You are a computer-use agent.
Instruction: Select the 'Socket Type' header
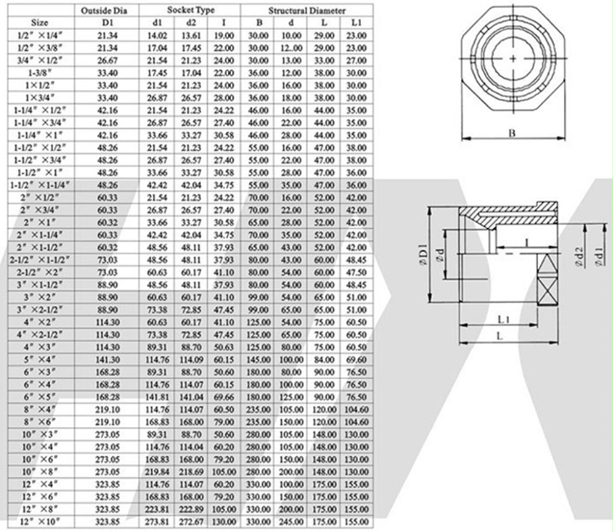click(x=190, y=10)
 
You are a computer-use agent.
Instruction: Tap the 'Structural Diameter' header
click(x=307, y=11)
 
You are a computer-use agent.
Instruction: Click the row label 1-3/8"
click(x=40, y=73)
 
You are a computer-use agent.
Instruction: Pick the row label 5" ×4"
click(x=40, y=360)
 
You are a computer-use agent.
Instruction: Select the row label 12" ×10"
click(x=42, y=522)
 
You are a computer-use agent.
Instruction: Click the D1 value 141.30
click(x=107, y=360)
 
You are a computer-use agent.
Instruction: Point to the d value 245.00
click(x=291, y=522)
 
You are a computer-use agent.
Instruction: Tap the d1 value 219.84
click(x=157, y=472)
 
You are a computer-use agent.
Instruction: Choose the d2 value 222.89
click(x=191, y=510)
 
